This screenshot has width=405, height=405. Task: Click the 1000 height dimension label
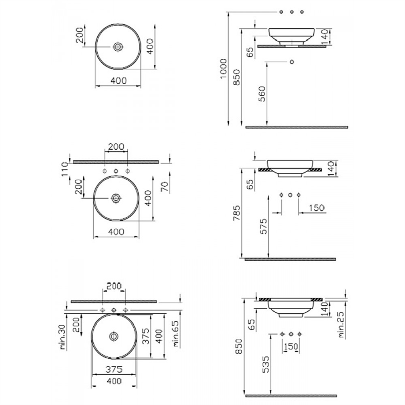point(223,69)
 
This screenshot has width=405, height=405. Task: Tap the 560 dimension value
point(262,94)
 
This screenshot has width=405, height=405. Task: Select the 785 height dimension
point(236,213)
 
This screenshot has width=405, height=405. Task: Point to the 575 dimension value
point(263,226)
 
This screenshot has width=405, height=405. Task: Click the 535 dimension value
point(265,364)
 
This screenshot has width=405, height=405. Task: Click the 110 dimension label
point(65,169)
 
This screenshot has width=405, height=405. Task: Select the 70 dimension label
point(165,186)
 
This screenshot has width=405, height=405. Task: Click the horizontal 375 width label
point(114,369)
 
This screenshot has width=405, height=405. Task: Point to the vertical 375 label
point(146,336)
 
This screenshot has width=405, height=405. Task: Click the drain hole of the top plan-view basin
point(118,47)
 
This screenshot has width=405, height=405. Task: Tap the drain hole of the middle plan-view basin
point(116,198)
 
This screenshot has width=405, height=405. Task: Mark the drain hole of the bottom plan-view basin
point(113,336)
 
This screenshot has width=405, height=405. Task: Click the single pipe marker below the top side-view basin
point(292,62)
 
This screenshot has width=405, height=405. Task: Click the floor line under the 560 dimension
point(297,127)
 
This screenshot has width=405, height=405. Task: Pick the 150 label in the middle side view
point(317,208)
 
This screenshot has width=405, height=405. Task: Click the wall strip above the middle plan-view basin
point(116,162)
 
